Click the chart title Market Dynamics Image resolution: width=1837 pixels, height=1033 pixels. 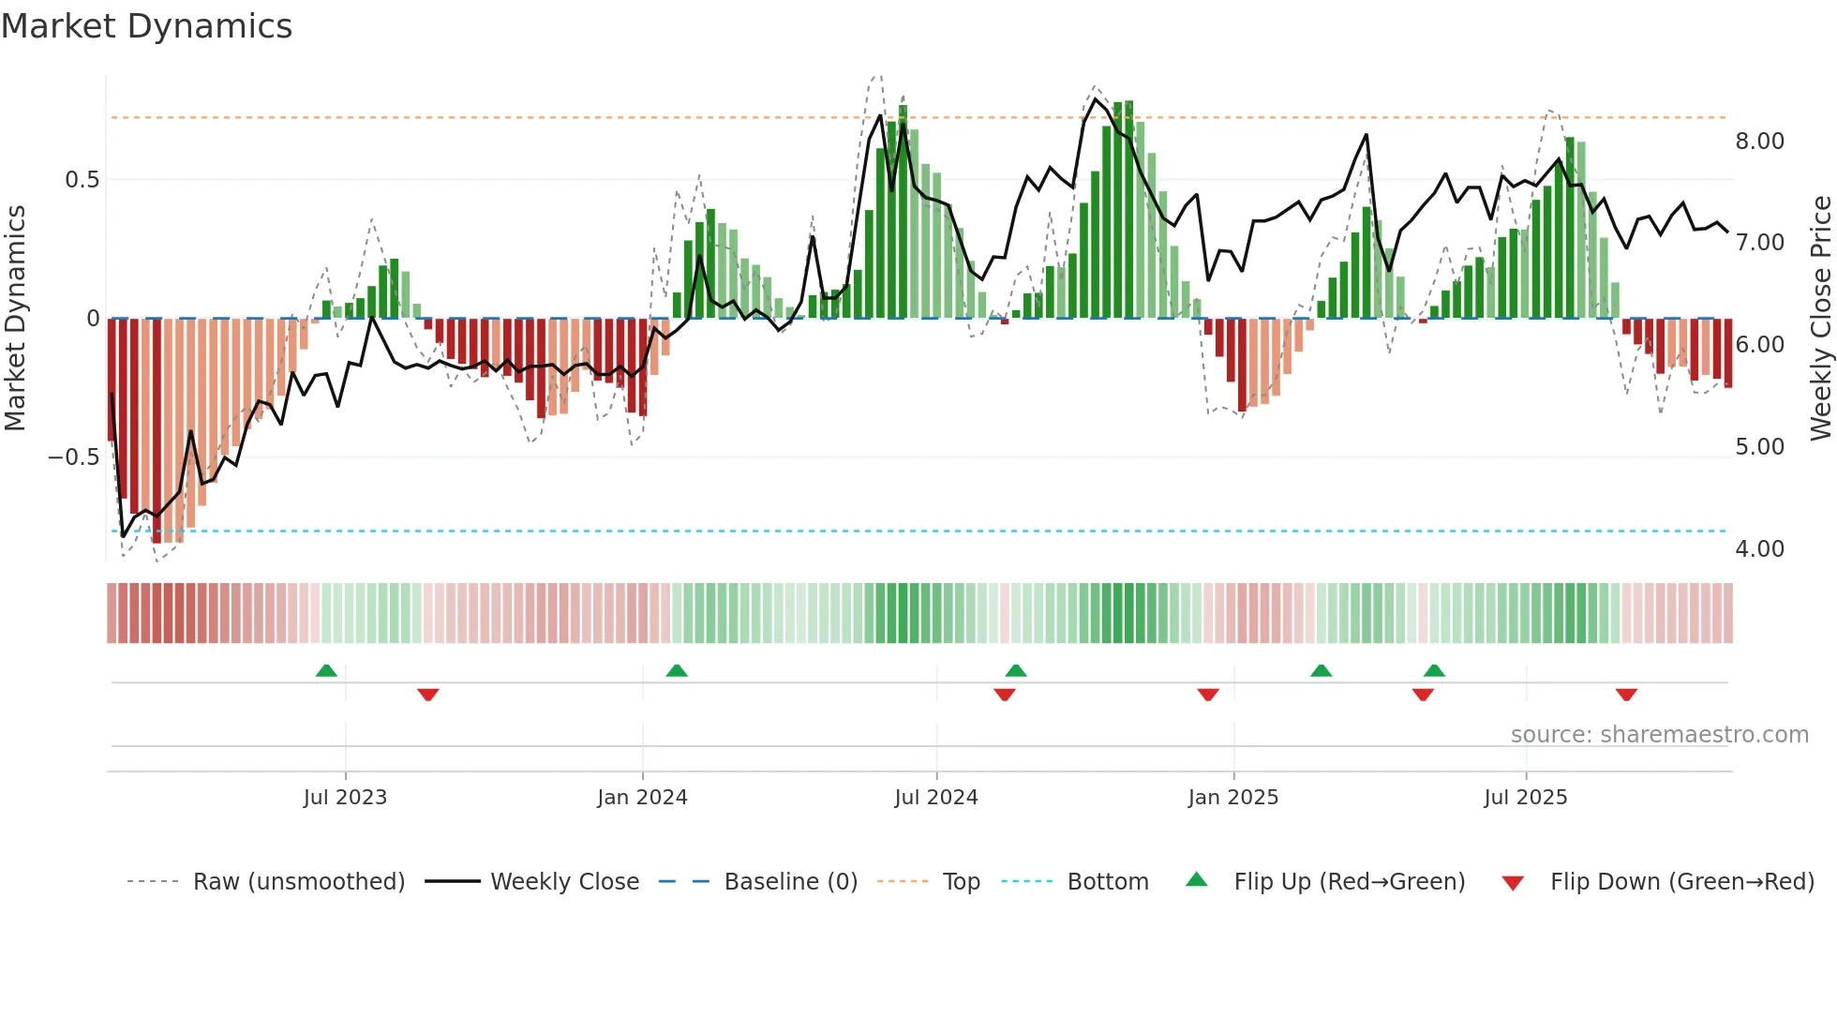[146, 26]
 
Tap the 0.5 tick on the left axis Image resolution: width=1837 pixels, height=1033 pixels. [82, 180]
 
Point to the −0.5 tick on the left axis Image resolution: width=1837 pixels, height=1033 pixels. [74, 457]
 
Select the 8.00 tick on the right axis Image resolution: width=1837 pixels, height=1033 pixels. [1759, 142]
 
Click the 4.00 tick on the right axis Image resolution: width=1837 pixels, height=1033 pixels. [1759, 549]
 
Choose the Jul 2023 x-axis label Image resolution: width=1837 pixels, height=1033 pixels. [345, 798]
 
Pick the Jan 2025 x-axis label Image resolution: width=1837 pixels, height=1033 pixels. [1232, 798]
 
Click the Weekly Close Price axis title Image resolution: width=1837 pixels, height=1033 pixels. [1820, 318]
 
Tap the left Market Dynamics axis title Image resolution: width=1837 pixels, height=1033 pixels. [15, 318]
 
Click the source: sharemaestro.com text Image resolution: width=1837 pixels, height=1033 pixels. [1659, 735]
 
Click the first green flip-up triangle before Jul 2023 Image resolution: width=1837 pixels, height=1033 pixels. [326, 671]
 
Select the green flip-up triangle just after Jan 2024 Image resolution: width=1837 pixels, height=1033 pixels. [677, 671]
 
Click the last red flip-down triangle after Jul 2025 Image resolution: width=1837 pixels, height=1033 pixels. [1626, 695]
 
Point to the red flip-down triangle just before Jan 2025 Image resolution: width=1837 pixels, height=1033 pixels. [1208, 695]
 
